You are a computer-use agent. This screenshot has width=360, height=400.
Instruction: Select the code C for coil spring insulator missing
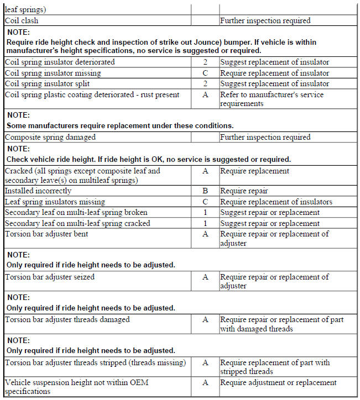click(x=205, y=73)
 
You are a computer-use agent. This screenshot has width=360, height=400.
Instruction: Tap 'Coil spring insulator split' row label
click(x=47, y=84)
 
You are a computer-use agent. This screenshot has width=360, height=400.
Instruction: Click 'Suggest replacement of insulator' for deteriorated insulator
click(x=274, y=62)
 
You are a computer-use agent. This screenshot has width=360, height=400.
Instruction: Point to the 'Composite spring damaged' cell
click(x=50, y=137)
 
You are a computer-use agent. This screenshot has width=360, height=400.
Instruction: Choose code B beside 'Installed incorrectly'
click(x=205, y=191)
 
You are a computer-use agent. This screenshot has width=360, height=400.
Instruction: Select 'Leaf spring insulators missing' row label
click(x=55, y=202)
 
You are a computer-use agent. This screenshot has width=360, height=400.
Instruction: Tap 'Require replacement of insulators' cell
click(x=276, y=202)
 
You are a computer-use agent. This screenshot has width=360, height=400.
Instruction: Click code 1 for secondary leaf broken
click(x=205, y=213)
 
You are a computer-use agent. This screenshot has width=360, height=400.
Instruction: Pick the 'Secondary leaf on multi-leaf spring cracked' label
click(x=77, y=224)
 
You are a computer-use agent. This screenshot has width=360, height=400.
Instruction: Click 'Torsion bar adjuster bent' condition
click(x=46, y=234)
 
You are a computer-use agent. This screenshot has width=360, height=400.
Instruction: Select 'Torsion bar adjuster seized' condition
click(x=49, y=277)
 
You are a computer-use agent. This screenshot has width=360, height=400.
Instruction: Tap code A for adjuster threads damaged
click(x=205, y=319)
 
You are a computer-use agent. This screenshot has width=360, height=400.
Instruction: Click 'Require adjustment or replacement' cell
click(x=278, y=383)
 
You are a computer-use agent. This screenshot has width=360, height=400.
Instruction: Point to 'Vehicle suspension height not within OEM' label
click(x=77, y=383)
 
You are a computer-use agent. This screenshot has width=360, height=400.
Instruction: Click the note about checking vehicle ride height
click(x=148, y=160)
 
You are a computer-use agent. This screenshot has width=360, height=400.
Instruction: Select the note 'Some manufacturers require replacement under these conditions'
click(x=120, y=125)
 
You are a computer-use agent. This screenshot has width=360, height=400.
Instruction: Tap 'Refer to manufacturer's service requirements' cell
click(x=272, y=99)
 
